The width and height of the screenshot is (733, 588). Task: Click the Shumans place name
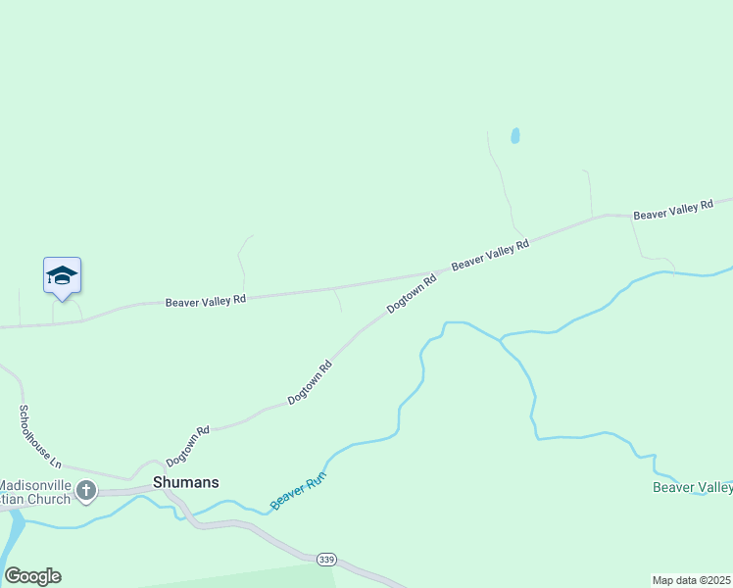point(186,482)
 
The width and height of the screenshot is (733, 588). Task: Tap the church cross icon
point(86,490)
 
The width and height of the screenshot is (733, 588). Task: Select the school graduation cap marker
point(62,276)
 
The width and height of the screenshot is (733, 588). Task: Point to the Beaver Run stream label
point(298,491)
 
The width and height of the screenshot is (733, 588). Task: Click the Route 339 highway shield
point(327,559)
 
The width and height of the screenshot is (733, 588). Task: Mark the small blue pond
point(514,136)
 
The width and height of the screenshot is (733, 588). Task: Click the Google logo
point(32,576)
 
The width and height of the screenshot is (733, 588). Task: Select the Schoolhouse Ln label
point(40,435)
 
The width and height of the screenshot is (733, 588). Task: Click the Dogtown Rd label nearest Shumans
point(188,446)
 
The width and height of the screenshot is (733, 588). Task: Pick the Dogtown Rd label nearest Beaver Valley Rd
point(411,293)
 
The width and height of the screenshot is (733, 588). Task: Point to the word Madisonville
point(35,484)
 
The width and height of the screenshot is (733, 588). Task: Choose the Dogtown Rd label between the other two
point(310,383)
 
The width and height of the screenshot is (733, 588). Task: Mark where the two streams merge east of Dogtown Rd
point(501,340)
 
